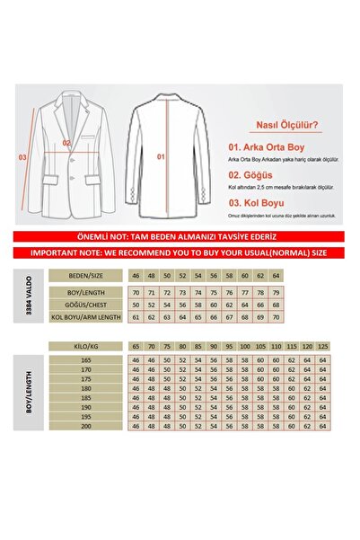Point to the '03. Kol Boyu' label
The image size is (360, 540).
coord(252,203)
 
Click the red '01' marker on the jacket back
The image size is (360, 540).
coord(162,155)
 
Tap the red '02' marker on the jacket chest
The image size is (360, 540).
coord(66,143)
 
